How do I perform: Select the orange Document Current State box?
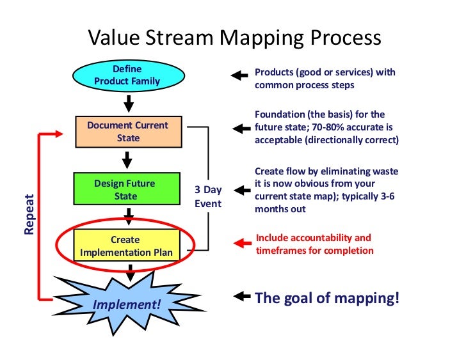[x=128, y=132]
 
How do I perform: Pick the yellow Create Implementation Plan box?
[x=125, y=246]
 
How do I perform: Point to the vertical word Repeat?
[x=29, y=211]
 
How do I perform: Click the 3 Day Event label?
[x=208, y=196]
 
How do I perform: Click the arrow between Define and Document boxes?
[x=128, y=102]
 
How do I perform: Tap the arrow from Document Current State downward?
[x=127, y=159]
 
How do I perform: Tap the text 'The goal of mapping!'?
[x=327, y=298]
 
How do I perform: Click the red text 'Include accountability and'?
[x=313, y=238]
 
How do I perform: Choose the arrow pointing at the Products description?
[x=240, y=75]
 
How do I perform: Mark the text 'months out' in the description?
[x=280, y=209]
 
